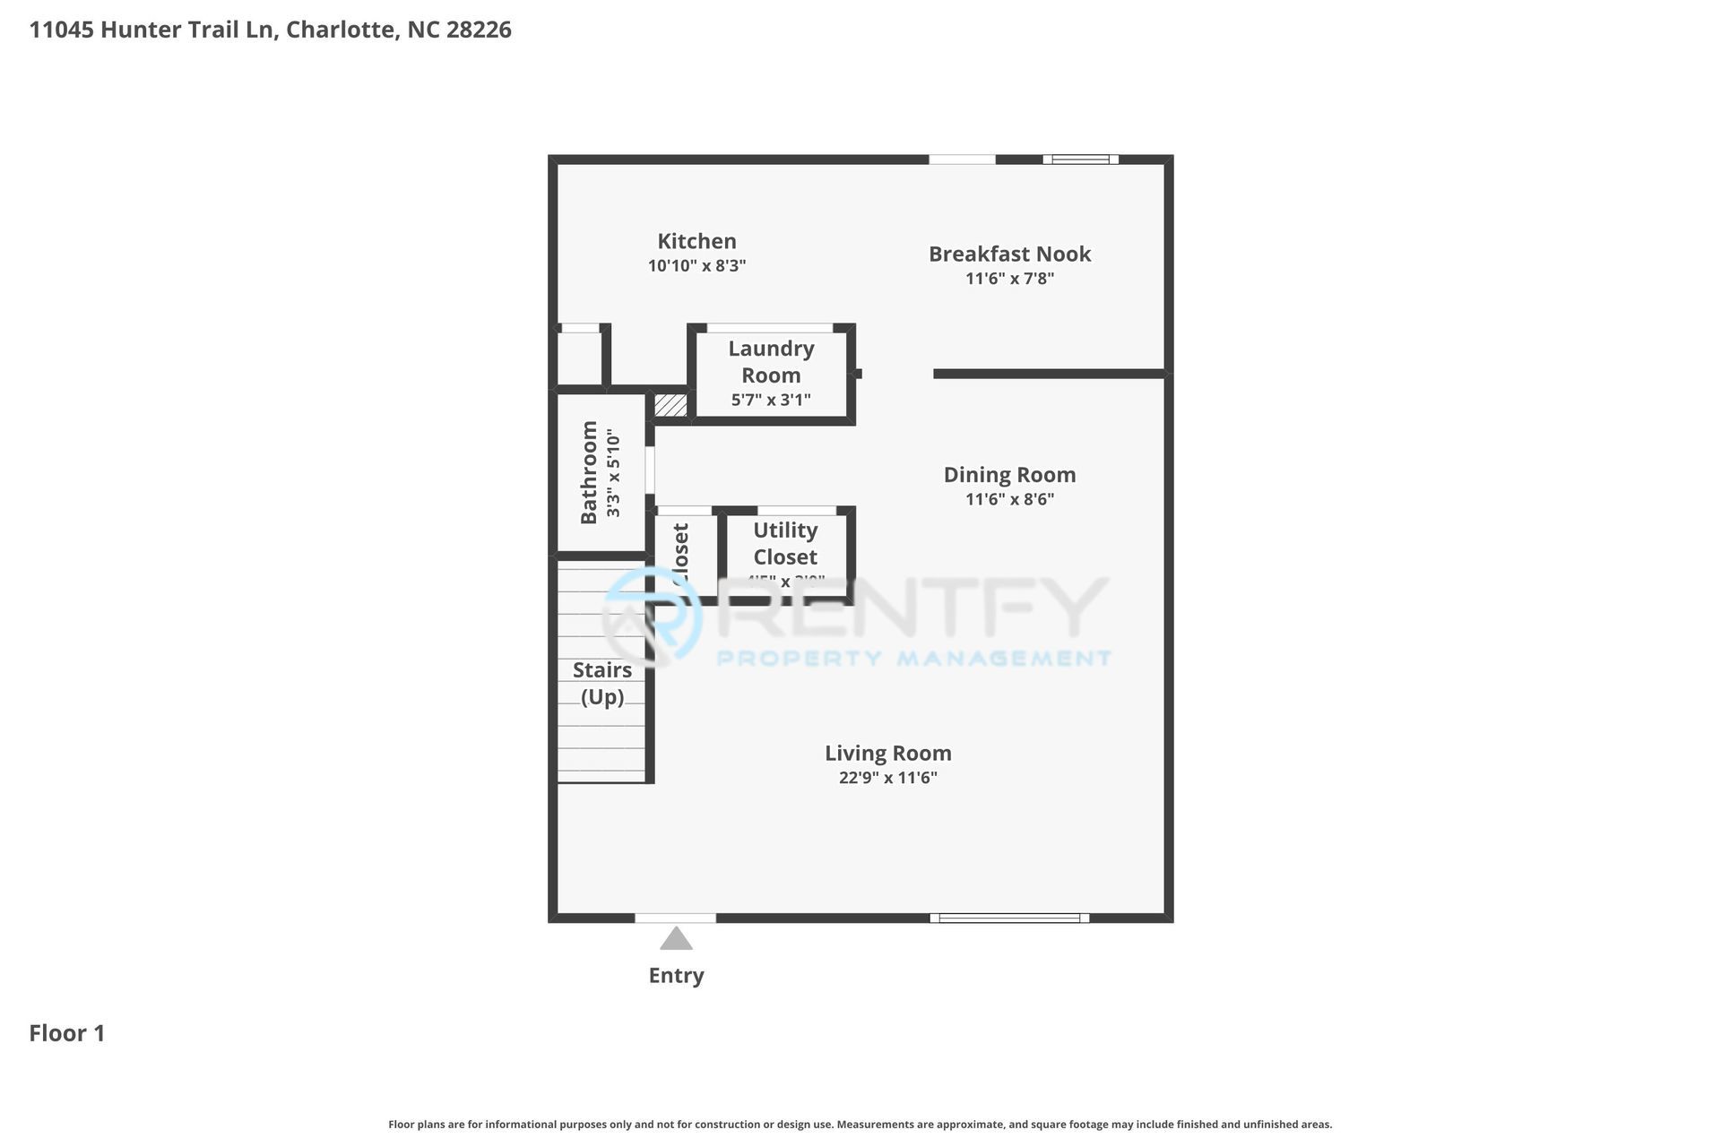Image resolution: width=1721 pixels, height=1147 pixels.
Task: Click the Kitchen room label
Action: pyautogui.click(x=696, y=241)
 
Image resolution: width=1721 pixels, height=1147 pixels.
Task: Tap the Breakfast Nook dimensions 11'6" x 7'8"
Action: pyautogui.click(x=1009, y=279)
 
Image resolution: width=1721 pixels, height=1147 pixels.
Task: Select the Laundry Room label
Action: pyautogui.click(x=771, y=361)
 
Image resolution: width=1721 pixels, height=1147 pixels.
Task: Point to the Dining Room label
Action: pyautogui.click(x=1009, y=475)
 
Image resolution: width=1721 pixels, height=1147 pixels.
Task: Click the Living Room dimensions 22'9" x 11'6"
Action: pyautogui.click(x=887, y=778)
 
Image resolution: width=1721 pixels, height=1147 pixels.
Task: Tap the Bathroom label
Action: pyautogui.click(x=589, y=472)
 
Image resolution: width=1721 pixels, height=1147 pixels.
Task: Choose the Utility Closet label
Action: pyautogui.click(x=785, y=543)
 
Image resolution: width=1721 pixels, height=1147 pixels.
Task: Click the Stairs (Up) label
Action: pyautogui.click(x=602, y=683)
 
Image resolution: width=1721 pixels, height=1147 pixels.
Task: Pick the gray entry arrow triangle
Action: pyautogui.click(x=676, y=939)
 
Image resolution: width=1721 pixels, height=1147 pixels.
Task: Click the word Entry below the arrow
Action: pyautogui.click(x=676, y=975)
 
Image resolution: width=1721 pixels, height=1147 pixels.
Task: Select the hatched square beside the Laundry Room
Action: pyautogui.click(x=670, y=405)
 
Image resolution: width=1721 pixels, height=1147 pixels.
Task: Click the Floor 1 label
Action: pyautogui.click(x=67, y=1033)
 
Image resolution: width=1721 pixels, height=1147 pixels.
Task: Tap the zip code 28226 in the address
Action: pyautogui.click(x=479, y=30)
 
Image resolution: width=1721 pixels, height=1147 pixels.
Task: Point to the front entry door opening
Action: pyautogui.click(x=675, y=918)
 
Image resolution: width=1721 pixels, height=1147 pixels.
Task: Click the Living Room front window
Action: pyautogui.click(x=1009, y=918)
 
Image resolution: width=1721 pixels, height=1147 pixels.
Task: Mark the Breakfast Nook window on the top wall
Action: pyautogui.click(x=1080, y=160)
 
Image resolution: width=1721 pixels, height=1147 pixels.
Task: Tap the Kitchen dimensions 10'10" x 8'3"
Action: pyautogui.click(x=696, y=266)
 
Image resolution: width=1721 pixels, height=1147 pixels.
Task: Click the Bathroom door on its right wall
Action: pyautogui.click(x=651, y=470)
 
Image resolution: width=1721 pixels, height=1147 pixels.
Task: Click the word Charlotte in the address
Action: pyautogui.click(x=341, y=30)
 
